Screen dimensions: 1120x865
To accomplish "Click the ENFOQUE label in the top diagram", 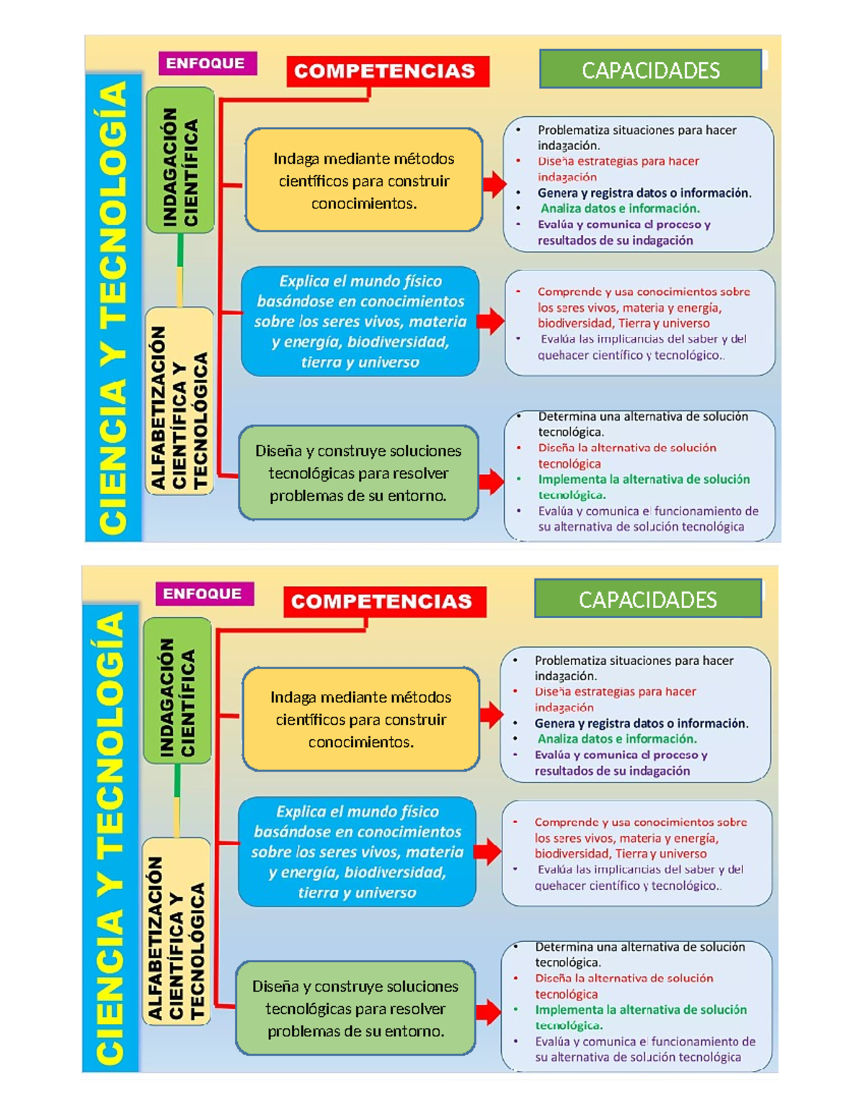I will [x=205, y=63].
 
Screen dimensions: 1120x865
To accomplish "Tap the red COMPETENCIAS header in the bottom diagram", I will [x=382, y=601].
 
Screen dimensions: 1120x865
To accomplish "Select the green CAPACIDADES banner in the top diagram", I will [x=650, y=70].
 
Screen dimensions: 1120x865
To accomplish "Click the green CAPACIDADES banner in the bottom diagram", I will [x=647, y=599].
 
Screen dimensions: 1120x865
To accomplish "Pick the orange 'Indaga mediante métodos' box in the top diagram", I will [x=364, y=180].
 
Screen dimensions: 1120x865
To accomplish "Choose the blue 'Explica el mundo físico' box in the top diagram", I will [x=360, y=322].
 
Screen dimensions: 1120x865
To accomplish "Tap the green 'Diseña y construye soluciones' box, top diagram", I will [x=358, y=473].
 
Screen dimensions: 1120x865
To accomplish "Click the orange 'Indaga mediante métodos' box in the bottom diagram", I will [x=361, y=719].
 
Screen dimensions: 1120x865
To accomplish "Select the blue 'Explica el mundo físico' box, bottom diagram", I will [x=357, y=852].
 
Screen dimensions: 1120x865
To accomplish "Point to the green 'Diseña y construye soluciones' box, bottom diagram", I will [x=355, y=1008].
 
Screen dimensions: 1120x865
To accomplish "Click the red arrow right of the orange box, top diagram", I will [x=494, y=184].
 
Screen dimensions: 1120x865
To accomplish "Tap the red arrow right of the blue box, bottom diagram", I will [x=488, y=852].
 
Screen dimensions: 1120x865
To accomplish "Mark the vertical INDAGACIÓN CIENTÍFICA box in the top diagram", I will [x=180, y=161].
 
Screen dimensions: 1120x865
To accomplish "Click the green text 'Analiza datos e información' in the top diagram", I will [x=620, y=208].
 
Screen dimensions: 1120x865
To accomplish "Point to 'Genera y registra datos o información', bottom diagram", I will [x=641, y=723].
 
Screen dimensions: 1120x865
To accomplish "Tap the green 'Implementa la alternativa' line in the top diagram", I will [x=644, y=480].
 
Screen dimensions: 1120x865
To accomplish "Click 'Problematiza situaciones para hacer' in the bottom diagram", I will [x=634, y=661].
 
